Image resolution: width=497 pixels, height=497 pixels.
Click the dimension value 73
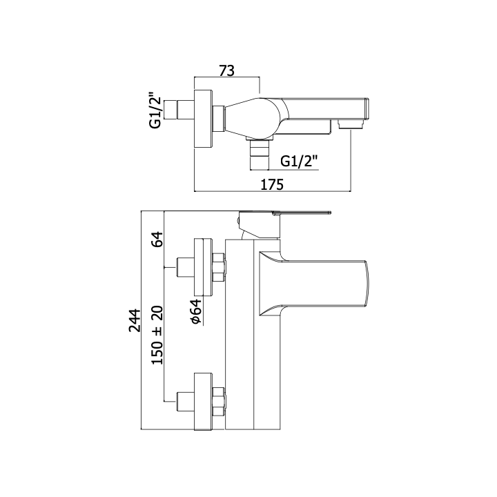click(227, 70)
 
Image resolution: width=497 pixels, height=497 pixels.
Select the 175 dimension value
click(272, 185)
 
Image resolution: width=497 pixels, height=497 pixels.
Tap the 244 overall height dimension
click(135, 320)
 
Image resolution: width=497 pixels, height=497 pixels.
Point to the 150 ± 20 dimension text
click(157, 335)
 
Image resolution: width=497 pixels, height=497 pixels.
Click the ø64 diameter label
click(197, 312)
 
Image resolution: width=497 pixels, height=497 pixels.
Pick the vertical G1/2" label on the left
click(155, 110)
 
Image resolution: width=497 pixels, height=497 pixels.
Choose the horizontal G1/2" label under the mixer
click(299, 162)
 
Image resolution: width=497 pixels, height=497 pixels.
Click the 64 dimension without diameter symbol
click(157, 240)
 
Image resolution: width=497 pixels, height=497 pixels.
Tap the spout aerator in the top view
click(350, 124)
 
